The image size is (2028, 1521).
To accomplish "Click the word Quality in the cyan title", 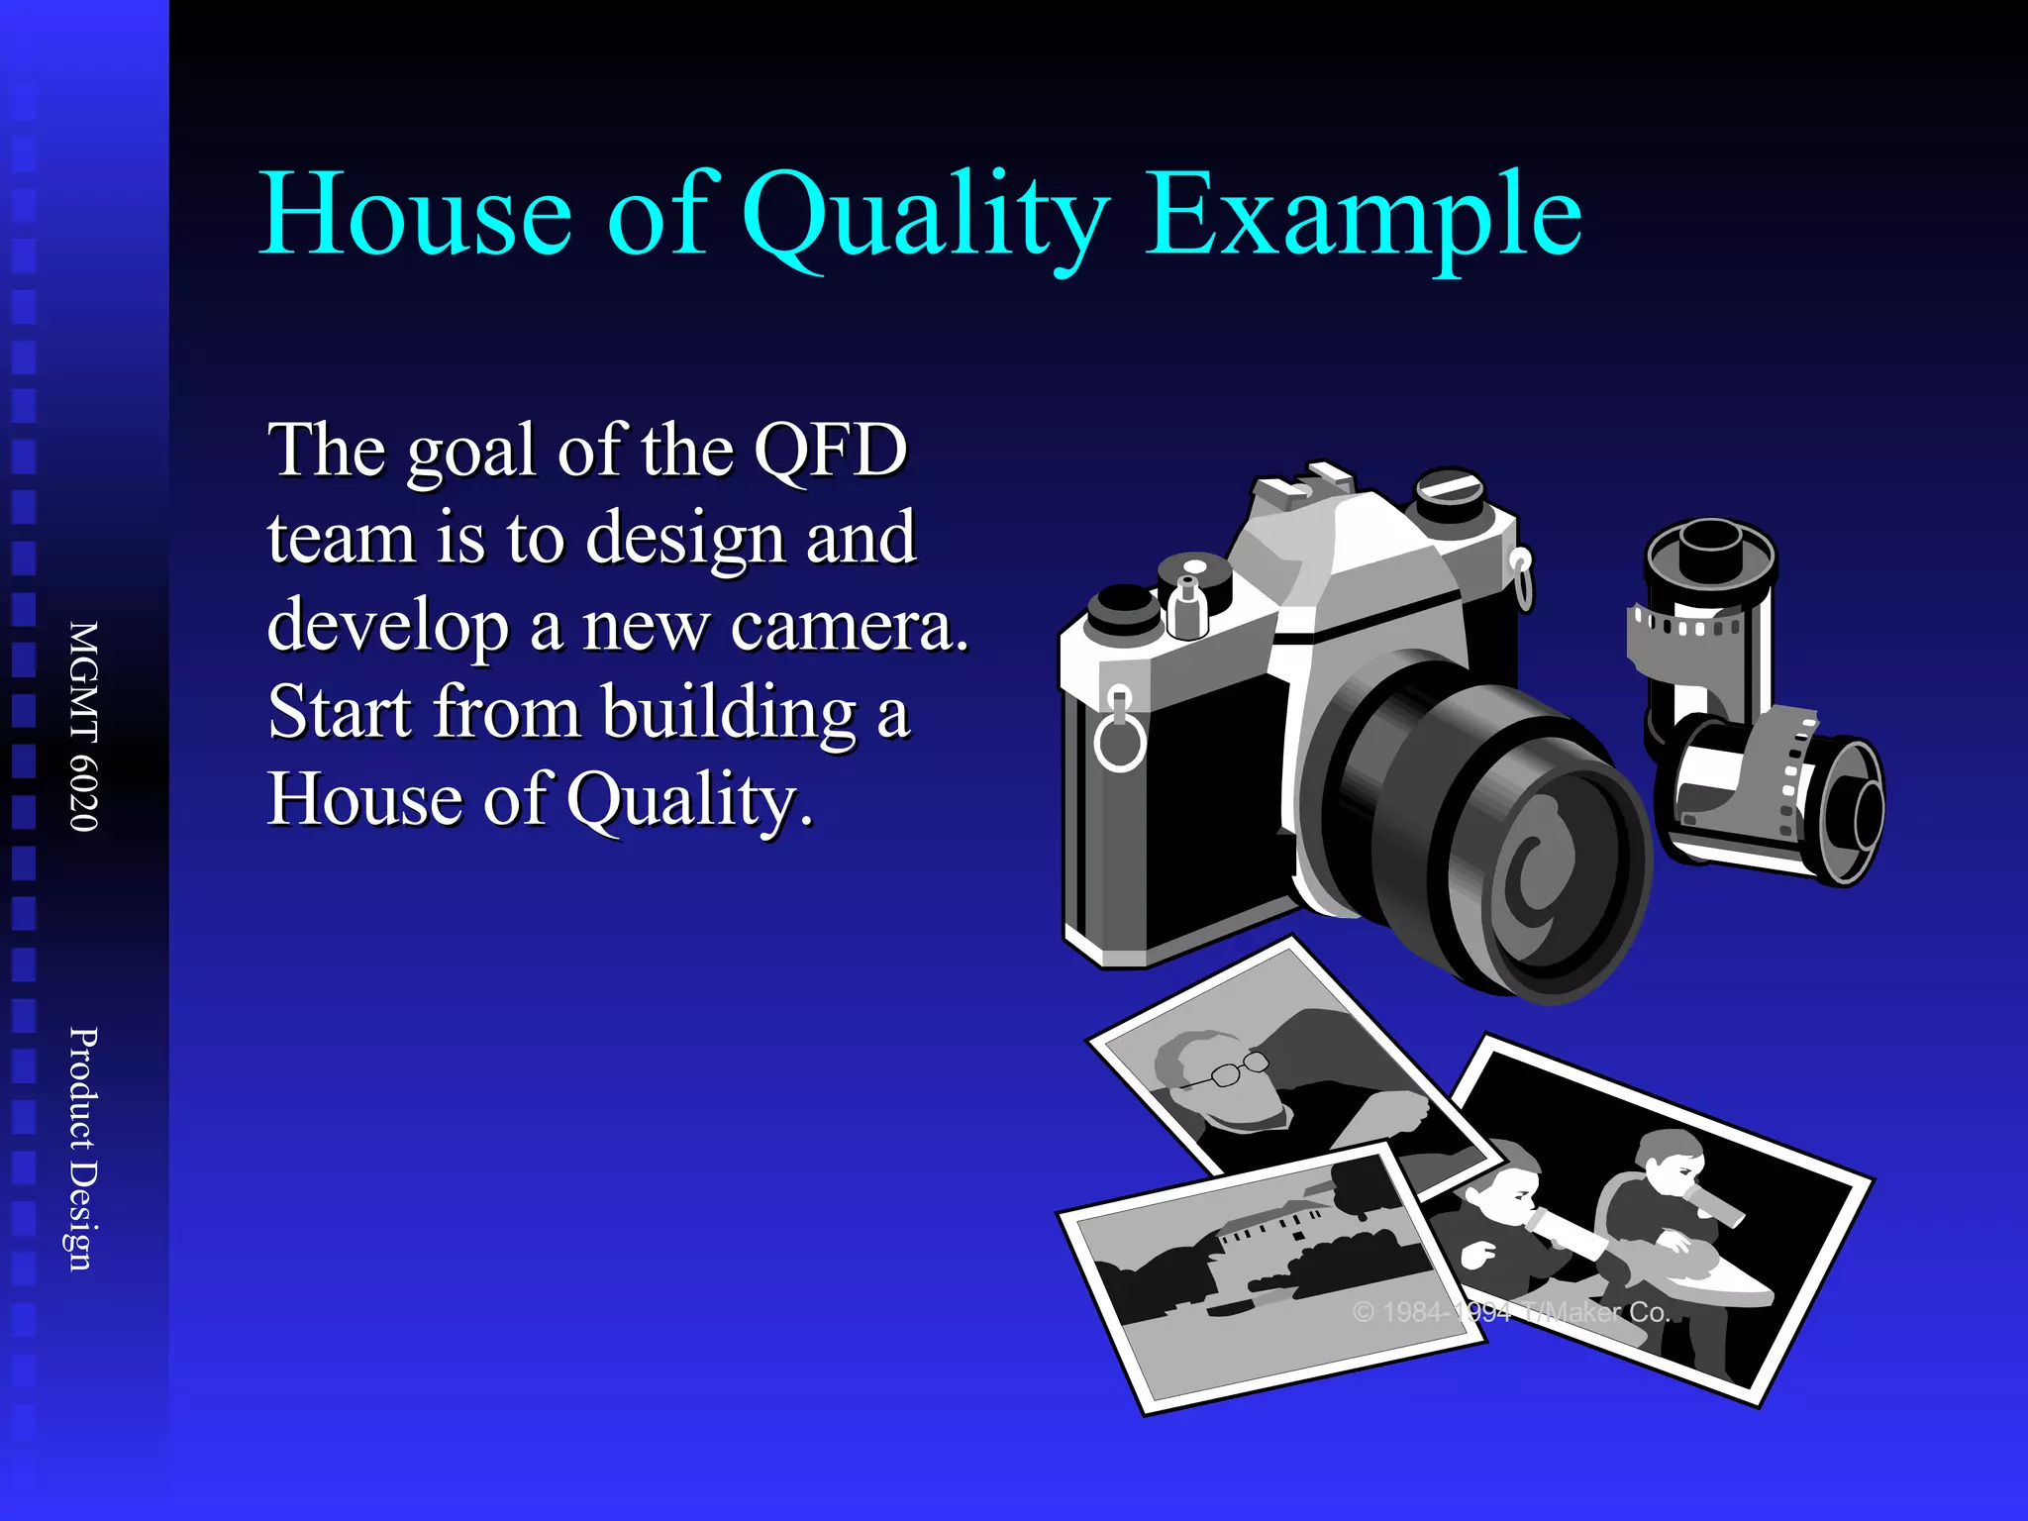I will (x=926, y=216).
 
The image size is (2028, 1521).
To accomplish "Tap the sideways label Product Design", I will (x=84, y=1148).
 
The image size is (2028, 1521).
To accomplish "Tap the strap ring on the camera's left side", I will (x=1120, y=738).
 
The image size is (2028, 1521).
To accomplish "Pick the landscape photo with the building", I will (x=1267, y=1277).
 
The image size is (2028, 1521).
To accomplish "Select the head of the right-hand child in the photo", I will (x=1669, y=1159).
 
